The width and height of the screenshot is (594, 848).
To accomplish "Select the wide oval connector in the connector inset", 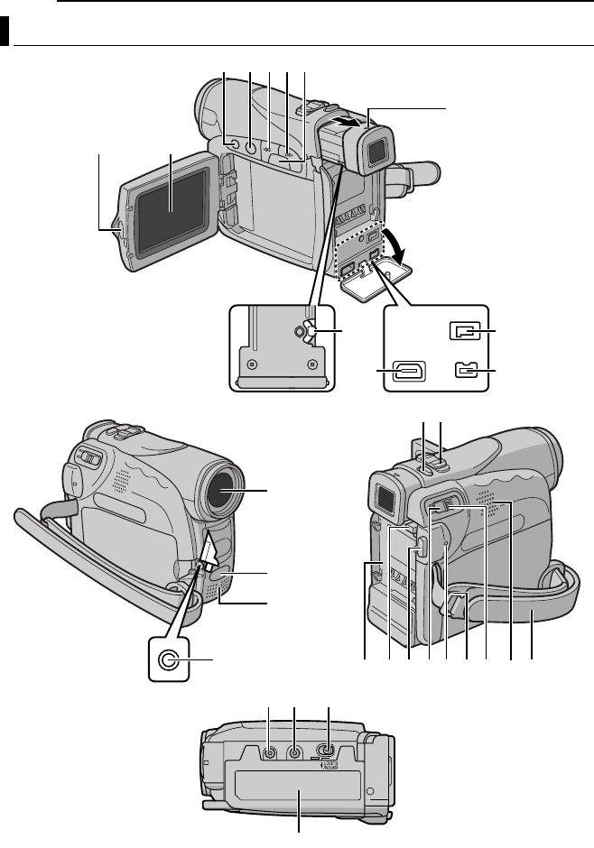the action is point(404,372).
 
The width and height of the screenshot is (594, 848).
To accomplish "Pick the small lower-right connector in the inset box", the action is point(459,373).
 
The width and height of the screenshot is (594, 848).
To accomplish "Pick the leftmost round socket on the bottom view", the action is point(269,750).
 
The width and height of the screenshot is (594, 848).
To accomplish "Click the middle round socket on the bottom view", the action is point(295,750).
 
